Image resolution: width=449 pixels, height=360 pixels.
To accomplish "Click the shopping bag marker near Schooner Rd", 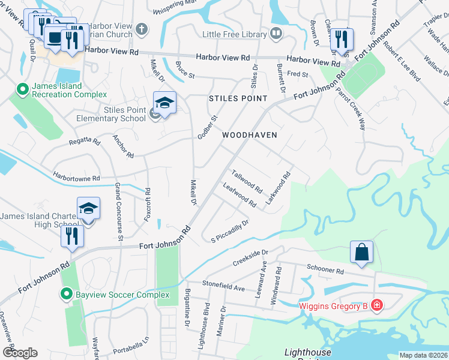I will click(363, 253).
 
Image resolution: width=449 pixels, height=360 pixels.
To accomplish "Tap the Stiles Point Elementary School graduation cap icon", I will click(164, 103).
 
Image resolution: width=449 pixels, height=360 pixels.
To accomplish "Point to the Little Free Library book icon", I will click(276, 34).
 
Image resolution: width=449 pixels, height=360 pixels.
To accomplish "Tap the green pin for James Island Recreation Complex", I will click(23, 90).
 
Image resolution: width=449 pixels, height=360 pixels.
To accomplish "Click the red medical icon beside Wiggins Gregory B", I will click(376, 307).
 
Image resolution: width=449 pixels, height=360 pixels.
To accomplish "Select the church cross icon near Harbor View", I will click(141, 29).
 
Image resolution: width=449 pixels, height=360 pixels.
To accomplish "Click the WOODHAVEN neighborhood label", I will click(250, 135).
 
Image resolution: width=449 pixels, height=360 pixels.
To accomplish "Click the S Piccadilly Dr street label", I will click(229, 232).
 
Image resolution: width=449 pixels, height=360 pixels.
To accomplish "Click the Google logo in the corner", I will click(20, 353).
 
